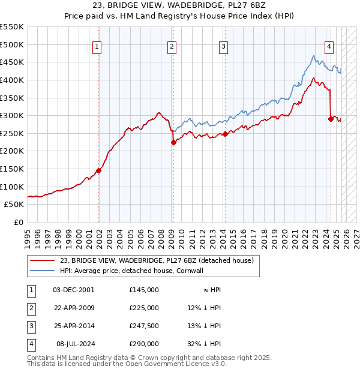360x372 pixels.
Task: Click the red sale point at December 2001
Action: pyautogui.click(x=99, y=170)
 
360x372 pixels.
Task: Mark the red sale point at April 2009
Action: pyautogui.click(x=173, y=142)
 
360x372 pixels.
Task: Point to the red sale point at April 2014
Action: pyautogui.click(x=225, y=134)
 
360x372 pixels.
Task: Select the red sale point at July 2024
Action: pyautogui.click(x=331, y=119)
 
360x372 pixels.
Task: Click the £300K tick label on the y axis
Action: pyautogui.click(x=12, y=115)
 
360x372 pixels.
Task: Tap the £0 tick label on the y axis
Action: pyautogui.click(x=18, y=222)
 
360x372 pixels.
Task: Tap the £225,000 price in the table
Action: pyautogui.click(x=143, y=308)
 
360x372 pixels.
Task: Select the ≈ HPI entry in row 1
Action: pyautogui.click(x=211, y=290)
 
